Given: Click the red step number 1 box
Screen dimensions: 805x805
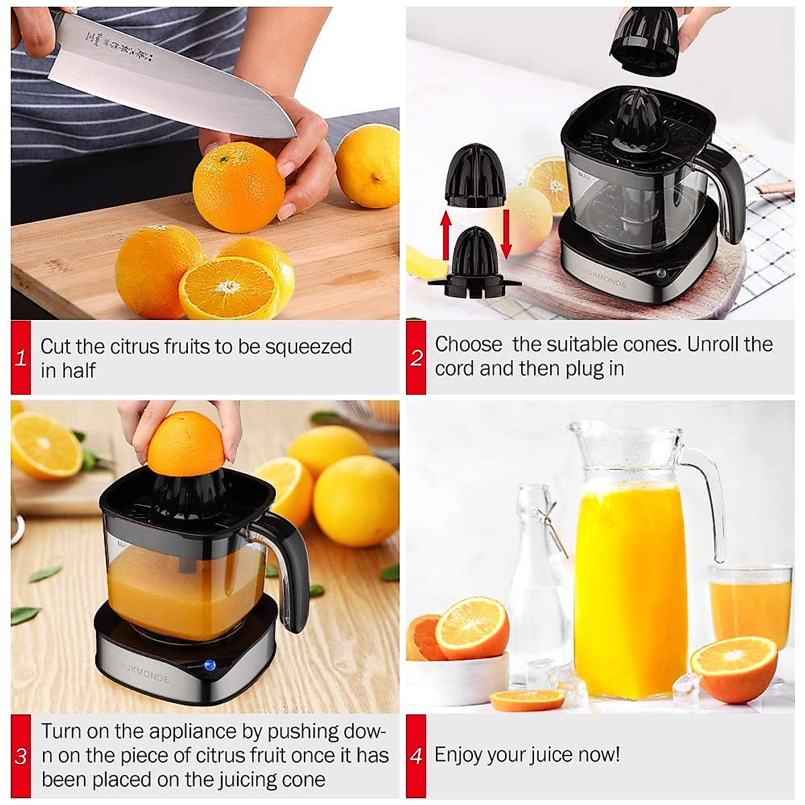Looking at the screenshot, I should [21, 358].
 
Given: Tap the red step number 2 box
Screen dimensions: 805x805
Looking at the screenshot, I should [416, 358].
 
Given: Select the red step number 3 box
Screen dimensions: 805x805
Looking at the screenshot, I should [21, 756].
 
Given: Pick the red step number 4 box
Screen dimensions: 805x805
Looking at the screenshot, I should [416, 756].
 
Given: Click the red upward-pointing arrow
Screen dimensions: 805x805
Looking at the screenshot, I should [445, 235].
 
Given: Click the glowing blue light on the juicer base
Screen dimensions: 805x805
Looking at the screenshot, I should [209, 666].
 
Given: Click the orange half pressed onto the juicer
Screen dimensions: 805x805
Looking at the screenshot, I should [186, 443].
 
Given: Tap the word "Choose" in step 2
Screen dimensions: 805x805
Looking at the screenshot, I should [468, 344].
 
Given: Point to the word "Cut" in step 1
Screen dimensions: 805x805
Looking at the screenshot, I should [56, 347].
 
